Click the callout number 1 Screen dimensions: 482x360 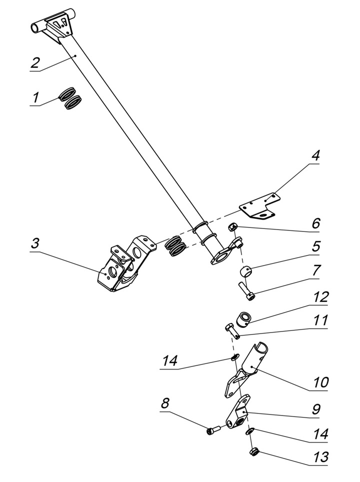point(35,97)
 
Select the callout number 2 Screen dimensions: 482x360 point(34,63)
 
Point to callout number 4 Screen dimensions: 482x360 point(315,155)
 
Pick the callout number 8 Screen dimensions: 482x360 point(165,403)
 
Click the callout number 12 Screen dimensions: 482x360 point(320,297)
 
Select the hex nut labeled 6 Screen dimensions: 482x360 point(232,228)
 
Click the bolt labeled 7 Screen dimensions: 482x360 point(245,291)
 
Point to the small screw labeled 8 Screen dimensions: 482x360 point(213,430)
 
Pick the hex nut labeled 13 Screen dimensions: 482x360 point(253,453)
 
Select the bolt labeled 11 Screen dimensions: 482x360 point(231,330)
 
